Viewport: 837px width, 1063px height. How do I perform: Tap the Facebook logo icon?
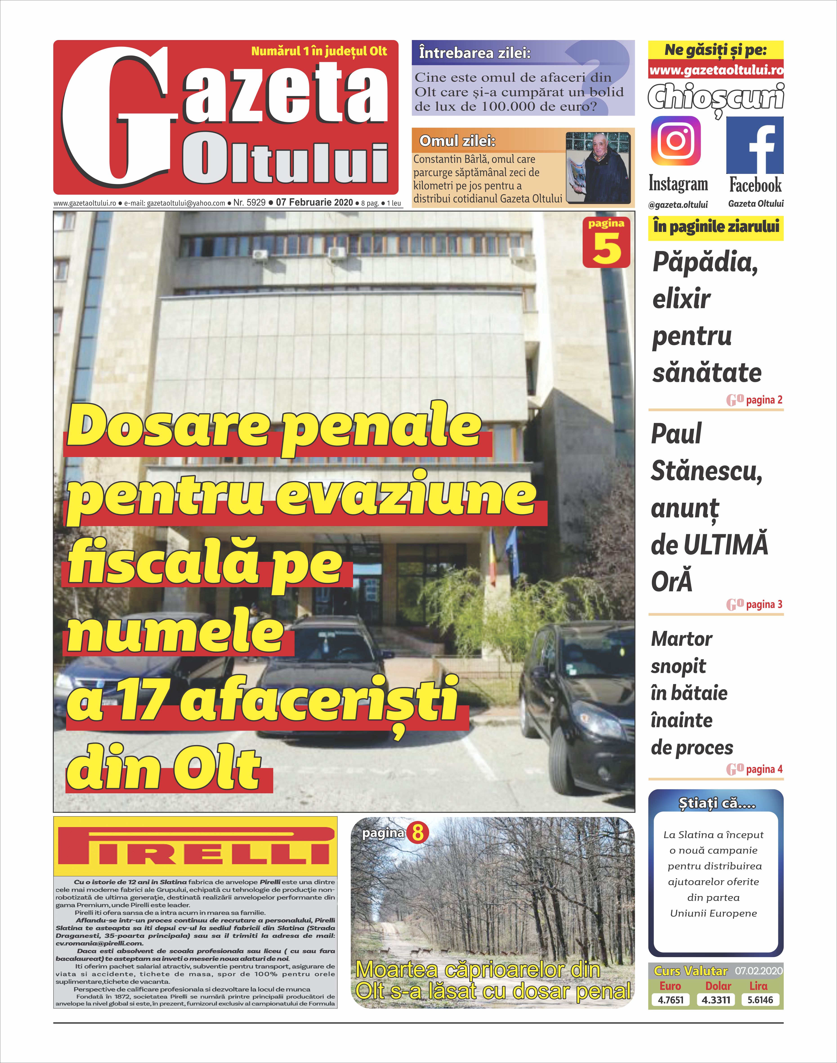755,146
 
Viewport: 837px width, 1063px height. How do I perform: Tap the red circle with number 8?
418,833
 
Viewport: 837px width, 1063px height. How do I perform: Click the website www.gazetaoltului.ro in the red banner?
716,70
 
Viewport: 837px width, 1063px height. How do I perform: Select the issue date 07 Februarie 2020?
314,202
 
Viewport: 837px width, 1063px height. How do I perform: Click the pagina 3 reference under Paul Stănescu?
763,604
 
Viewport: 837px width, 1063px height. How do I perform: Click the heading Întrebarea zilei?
474,53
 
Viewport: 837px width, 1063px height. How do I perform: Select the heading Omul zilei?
457,141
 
